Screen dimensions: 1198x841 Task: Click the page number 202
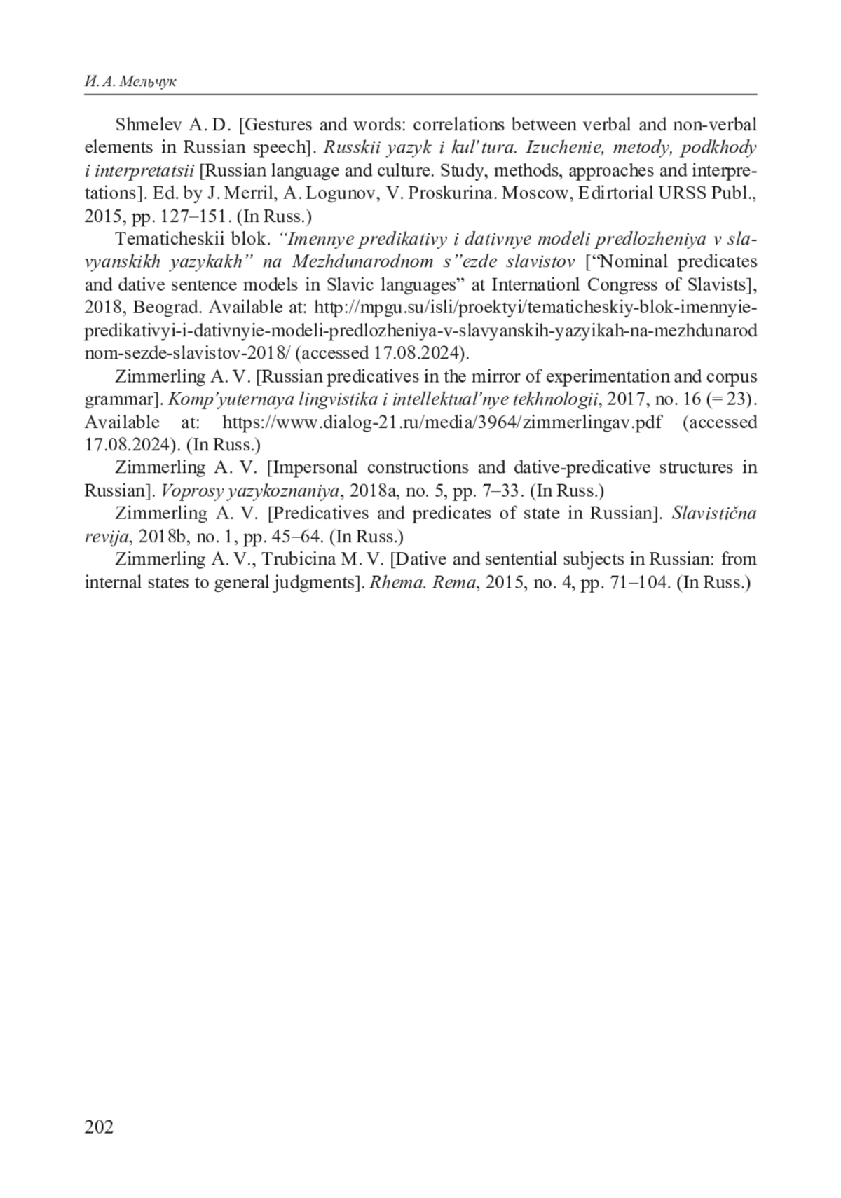tap(99, 1126)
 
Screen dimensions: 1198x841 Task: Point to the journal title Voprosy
tap(191, 490)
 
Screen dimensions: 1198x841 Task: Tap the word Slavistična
tap(714, 513)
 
